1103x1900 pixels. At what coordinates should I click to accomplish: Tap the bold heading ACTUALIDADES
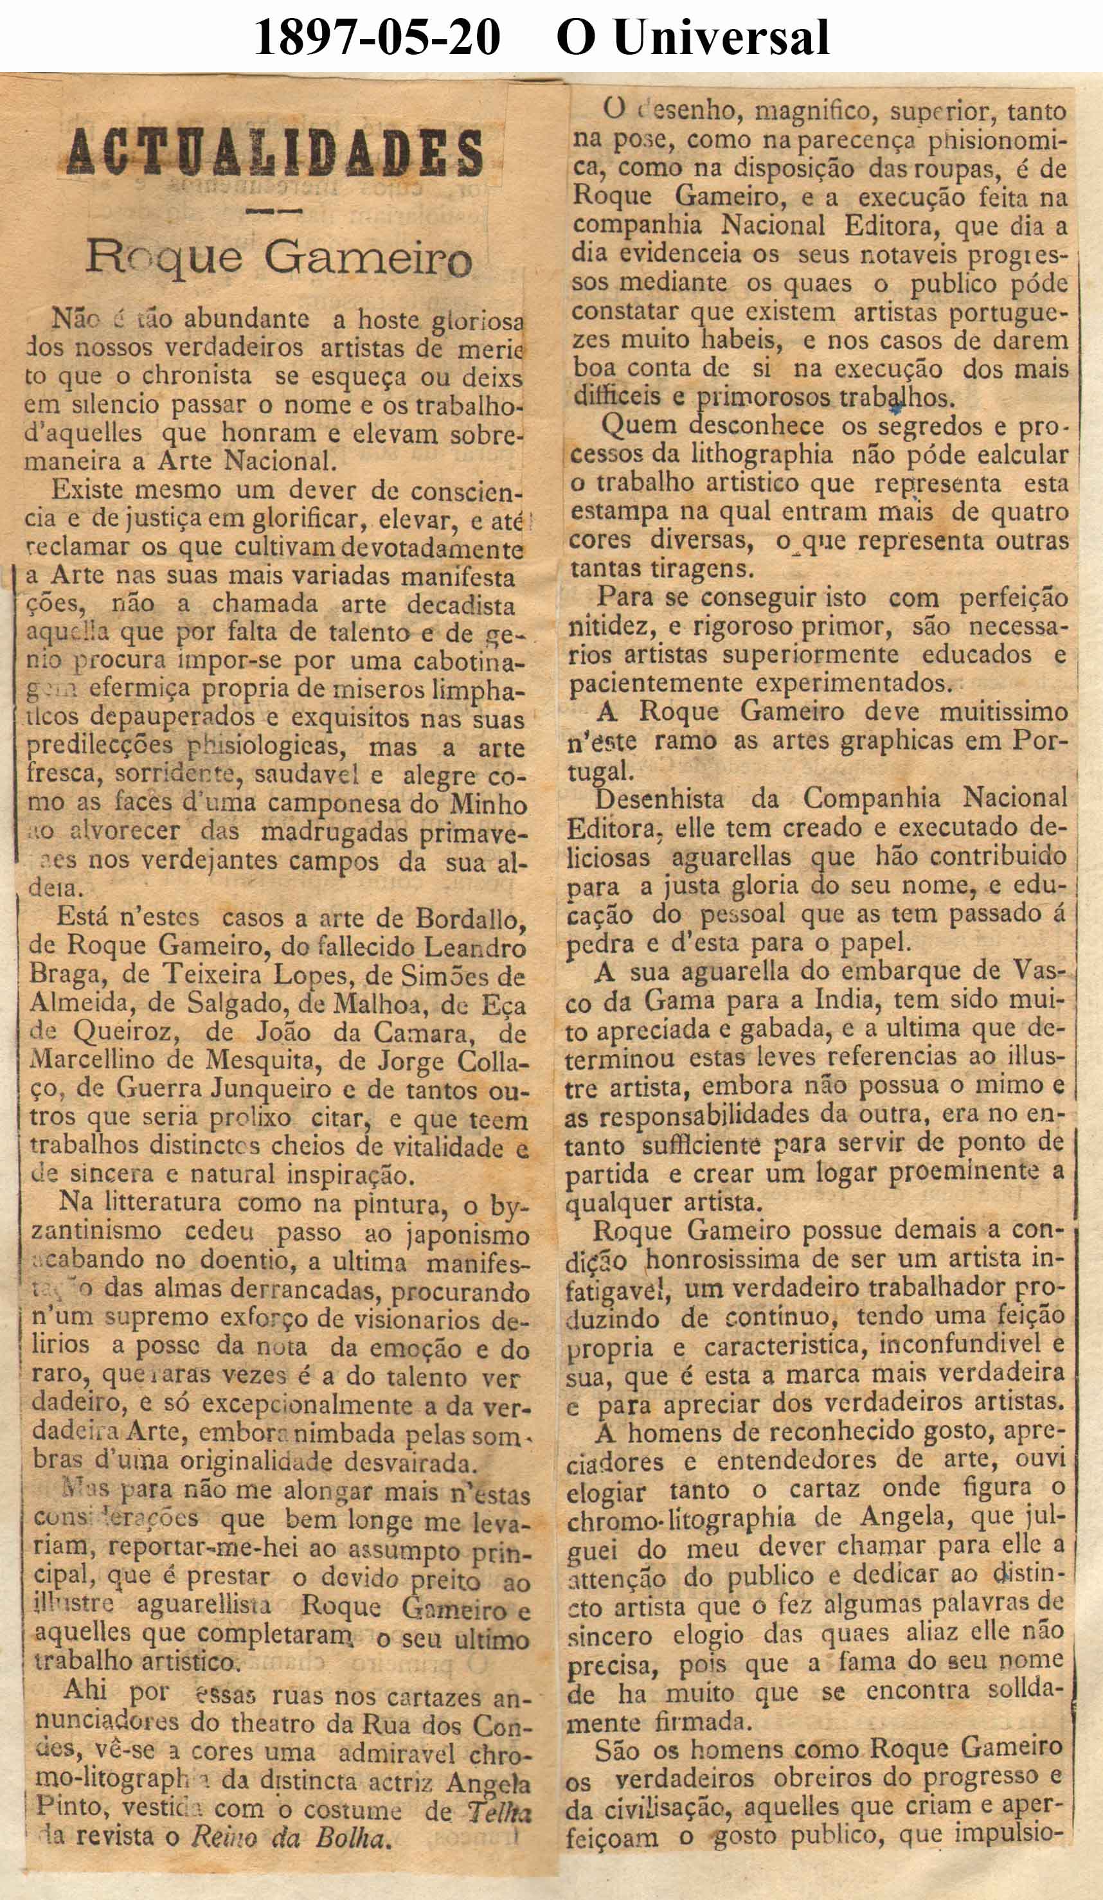274,153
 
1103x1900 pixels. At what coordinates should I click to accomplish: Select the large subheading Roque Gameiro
278,258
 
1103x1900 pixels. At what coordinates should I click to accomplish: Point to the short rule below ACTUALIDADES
274,210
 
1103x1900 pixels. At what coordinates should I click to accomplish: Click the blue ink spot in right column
895,409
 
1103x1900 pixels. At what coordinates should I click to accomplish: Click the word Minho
488,805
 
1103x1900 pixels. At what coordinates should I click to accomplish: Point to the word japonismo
467,1235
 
